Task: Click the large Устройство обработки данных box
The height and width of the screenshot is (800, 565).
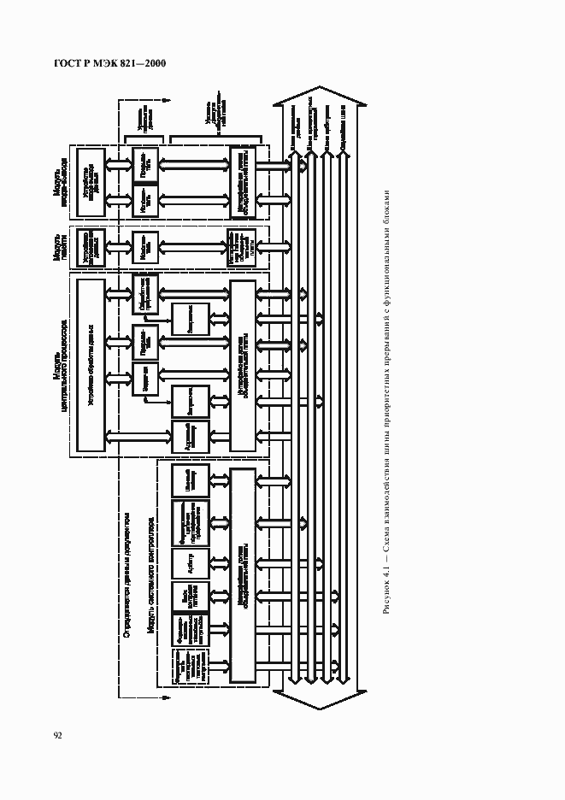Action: [x=89, y=365]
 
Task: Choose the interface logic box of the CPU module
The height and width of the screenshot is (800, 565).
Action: [x=242, y=366]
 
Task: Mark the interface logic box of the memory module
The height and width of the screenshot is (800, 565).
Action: [x=242, y=248]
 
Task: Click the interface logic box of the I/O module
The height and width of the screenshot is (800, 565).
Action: [x=242, y=183]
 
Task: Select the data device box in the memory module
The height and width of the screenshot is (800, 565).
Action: [x=89, y=248]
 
